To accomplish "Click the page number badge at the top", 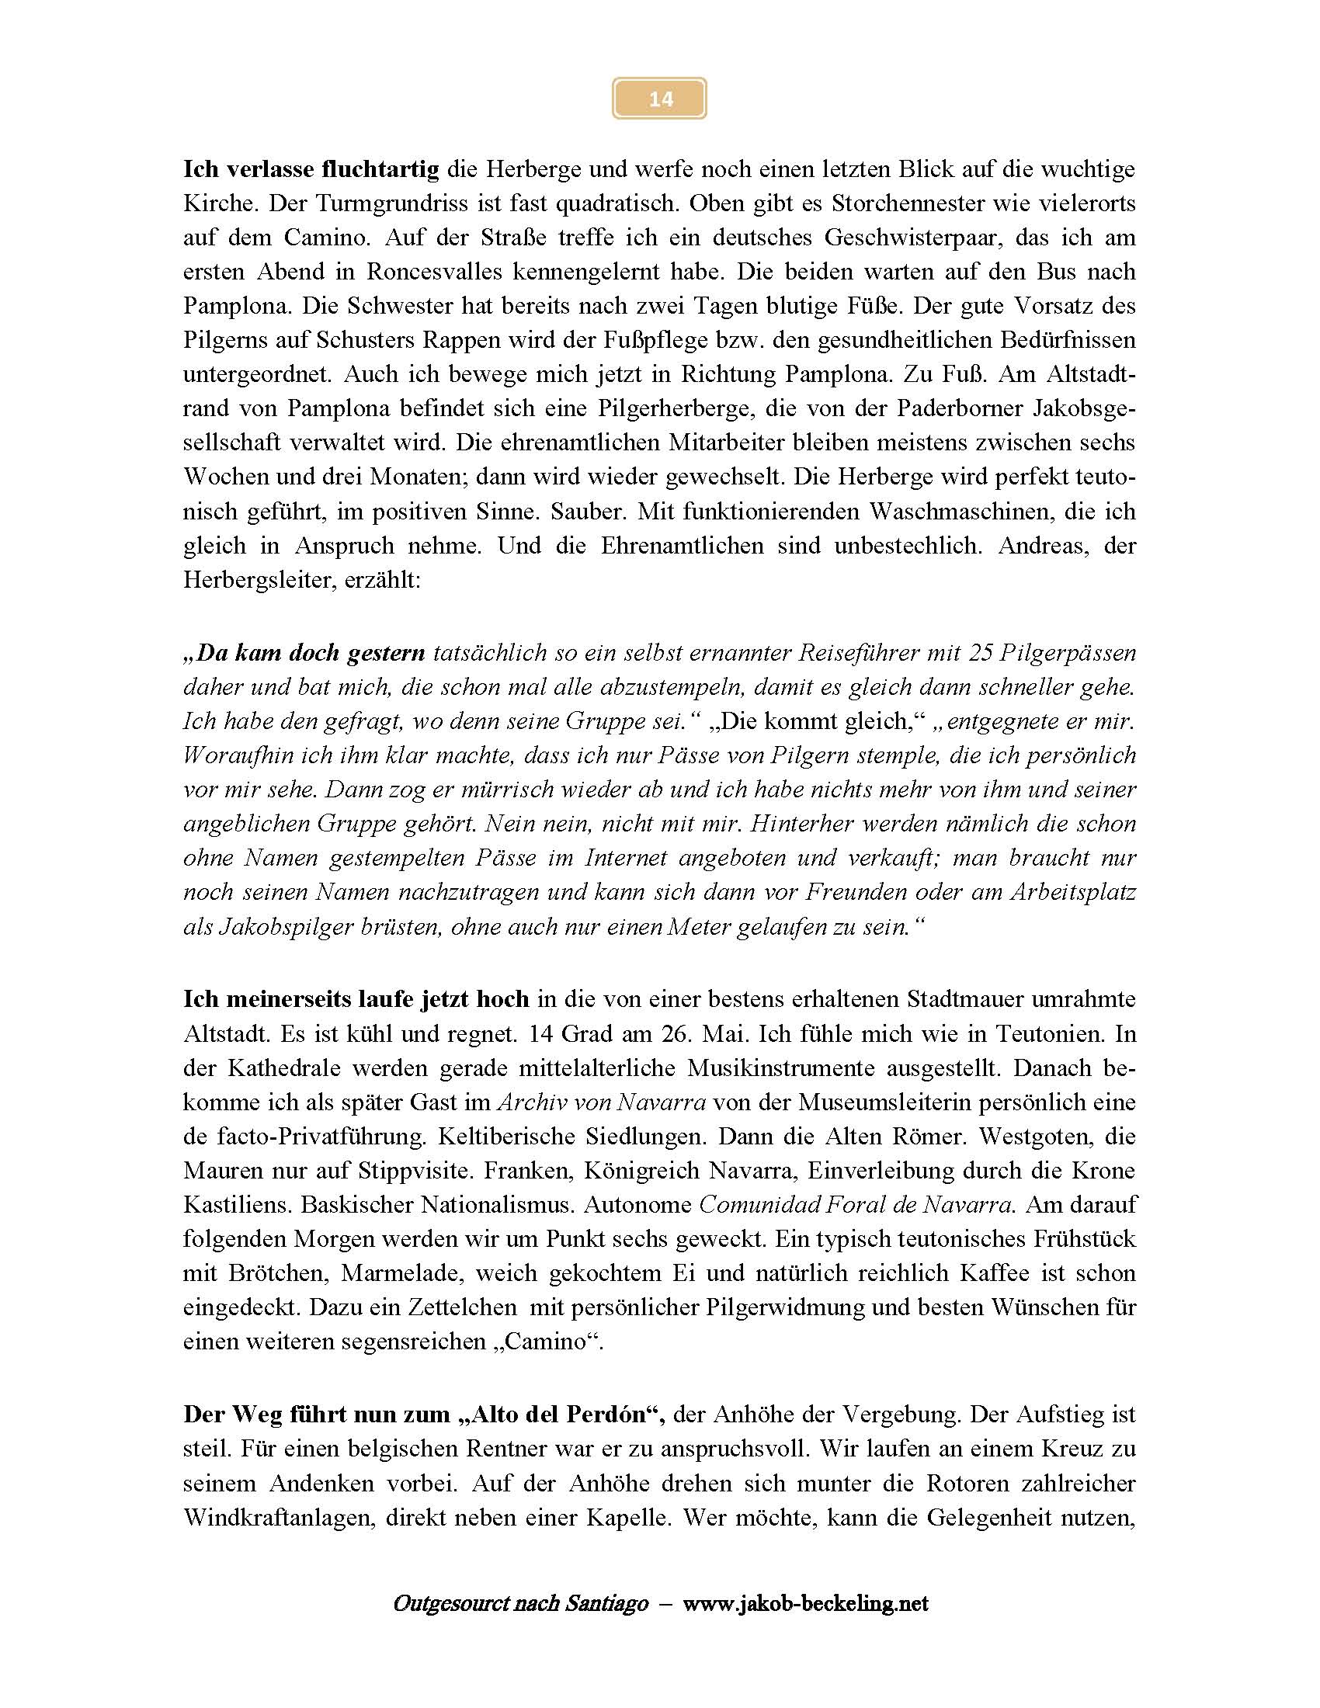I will point(659,99).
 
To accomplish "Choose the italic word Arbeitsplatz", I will point(1072,892).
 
